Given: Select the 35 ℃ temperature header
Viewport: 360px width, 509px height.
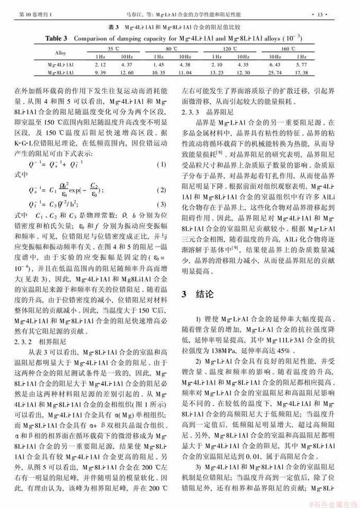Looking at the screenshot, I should pos(111,48).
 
